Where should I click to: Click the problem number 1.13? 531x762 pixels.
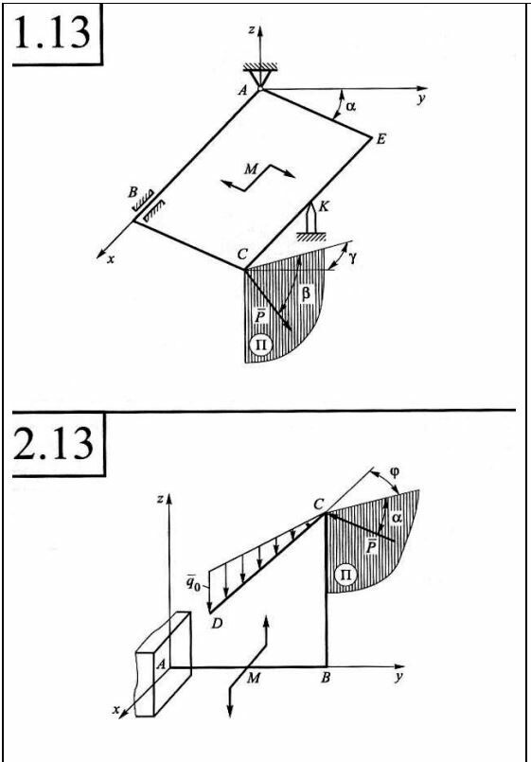[x=52, y=33]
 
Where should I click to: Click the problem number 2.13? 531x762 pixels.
[x=52, y=443]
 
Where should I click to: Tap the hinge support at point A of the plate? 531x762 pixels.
[x=261, y=77]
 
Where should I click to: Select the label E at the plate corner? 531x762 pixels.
[x=381, y=139]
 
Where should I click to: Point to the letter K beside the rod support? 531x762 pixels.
[x=323, y=206]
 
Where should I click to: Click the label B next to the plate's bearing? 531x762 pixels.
[x=133, y=192]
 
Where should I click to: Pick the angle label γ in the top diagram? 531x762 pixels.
[x=352, y=257]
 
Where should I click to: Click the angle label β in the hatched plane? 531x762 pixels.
[x=306, y=294]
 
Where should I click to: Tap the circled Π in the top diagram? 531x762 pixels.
[x=260, y=345]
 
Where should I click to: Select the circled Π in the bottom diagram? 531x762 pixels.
[x=345, y=576]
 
